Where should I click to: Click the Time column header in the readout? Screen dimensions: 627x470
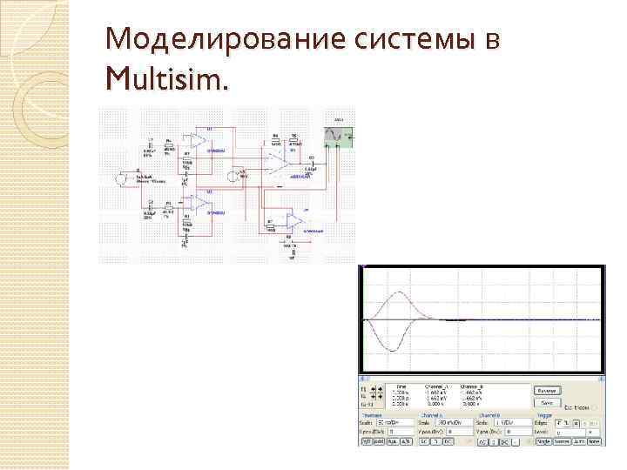(401, 386)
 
